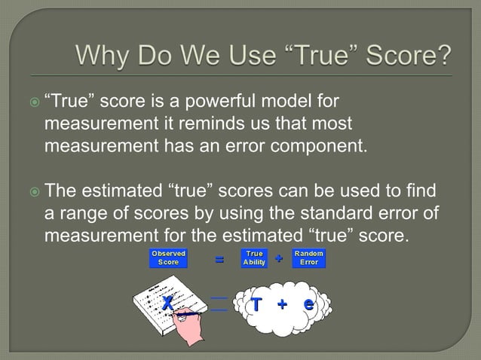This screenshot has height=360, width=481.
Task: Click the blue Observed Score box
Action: (168, 258)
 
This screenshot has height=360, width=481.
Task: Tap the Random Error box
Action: (308, 258)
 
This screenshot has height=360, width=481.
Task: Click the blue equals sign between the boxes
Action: (219, 259)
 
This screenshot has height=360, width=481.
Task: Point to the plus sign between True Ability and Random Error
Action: (279, 258)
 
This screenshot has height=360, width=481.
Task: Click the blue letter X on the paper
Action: (167, 303)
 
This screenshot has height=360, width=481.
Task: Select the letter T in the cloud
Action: (256, 304)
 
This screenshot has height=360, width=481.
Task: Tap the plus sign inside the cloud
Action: (283, 304)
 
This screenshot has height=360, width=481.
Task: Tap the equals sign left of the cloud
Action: (219, 304)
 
